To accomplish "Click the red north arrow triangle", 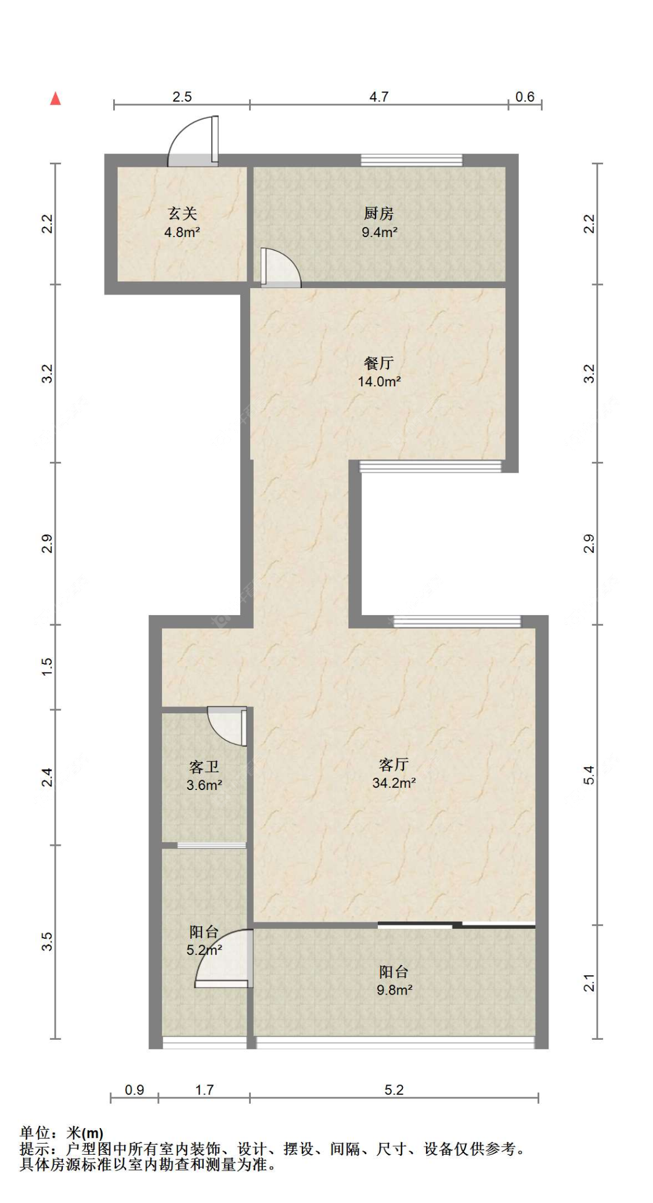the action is coord(56,98).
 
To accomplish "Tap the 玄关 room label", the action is coord(182,213).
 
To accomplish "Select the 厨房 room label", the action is coord(379,213).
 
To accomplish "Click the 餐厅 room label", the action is coord(379,363).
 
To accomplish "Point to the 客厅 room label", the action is coord(394,764).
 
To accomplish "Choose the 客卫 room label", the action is coord(204,767).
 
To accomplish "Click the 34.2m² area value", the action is coord(394,783).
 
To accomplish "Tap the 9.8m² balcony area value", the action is coord(394,990).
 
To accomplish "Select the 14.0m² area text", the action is coord(379,382).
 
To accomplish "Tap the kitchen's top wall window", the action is coord(412,160).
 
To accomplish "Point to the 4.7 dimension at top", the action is coord(379,97).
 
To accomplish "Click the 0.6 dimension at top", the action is coord(525,97).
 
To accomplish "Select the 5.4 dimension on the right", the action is coord(589,775).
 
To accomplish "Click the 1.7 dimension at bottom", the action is coord(204,1090).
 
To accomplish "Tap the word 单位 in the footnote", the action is coord(34,1133).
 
